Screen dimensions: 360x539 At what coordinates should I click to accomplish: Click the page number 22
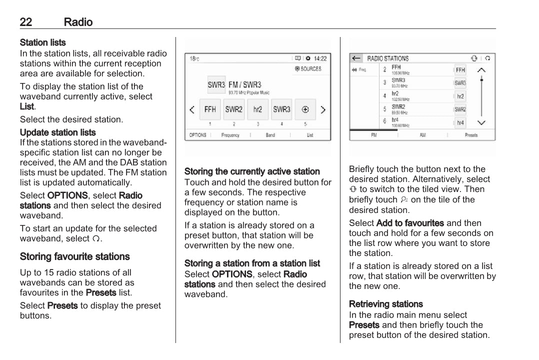point(26,22)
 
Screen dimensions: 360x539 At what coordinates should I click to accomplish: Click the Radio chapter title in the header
point(78,22)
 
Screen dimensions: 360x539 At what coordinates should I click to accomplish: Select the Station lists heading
point(43,42)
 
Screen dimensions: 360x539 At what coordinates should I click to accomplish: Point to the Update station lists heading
point(58,132)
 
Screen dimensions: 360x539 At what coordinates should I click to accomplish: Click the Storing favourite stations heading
point(75,256)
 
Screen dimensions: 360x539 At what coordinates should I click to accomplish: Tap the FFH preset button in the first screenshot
point(210,109)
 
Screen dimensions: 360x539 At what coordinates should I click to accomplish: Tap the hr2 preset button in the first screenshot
point(258,109)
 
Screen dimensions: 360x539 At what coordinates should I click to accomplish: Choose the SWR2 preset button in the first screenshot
point(234,109)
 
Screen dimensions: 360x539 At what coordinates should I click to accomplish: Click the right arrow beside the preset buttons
point(323,109)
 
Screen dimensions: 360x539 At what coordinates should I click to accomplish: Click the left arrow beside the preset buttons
point(192,109)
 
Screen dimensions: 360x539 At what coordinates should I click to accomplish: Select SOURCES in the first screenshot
point(308,69)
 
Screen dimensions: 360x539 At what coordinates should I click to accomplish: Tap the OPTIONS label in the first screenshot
point(198,135)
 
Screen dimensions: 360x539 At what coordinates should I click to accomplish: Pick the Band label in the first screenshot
point(270,135)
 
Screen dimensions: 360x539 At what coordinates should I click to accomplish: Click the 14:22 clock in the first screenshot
point(320,58)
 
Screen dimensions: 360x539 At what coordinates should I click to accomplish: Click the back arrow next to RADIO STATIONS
point(356,58)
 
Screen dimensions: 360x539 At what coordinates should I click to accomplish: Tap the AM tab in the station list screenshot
point(422,135)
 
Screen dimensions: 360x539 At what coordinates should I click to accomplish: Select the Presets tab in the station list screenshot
point(471,135)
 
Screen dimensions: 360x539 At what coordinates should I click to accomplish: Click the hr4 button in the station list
point(460,122)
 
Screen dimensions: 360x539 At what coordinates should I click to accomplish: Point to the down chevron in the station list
point(481,122)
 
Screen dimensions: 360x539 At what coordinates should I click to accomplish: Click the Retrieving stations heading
point(386,304)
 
